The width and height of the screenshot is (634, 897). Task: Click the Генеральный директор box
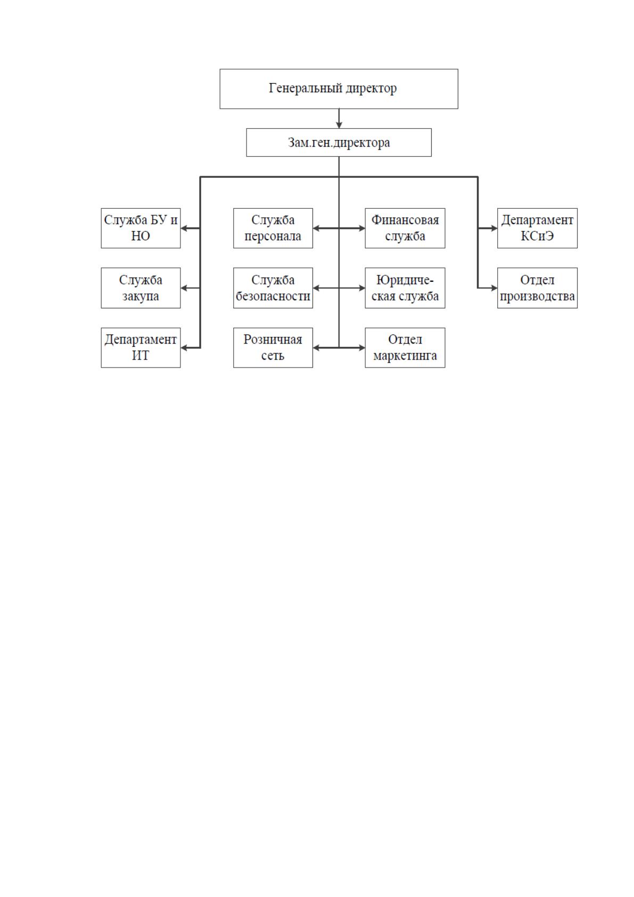click(x=339, y=89)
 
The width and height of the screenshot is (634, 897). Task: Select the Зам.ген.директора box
click(x=339, y=143)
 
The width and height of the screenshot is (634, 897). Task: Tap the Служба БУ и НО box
click(x=141, y=229)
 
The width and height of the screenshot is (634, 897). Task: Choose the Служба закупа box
click(x=141, y=288)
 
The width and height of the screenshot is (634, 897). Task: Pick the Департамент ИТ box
click(x=141, y=348)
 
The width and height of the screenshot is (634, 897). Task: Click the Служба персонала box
click(x=273, y=229)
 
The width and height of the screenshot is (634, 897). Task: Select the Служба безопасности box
click(x=273, y=288)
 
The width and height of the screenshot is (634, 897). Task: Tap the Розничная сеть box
click(x=273, y=348)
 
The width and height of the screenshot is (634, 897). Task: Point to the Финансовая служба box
click(x=405, y=229)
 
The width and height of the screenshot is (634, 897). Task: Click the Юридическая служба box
click(x=405, y=288)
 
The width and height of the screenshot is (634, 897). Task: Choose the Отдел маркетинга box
click(x=405, y=348)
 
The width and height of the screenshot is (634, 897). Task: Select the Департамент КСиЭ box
click(x=537, y=229)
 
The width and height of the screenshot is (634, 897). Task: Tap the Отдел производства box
click(x=537, y=288)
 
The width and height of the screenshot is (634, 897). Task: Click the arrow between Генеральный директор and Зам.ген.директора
click(x=339, y=119)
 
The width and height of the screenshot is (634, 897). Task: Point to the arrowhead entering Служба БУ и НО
click(x=184, y=229)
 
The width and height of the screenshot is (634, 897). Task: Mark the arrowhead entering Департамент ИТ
click(x=184, y=348)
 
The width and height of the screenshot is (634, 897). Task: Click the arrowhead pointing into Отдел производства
click(x=494, y=288)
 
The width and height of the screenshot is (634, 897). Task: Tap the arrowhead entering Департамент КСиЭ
click(x=494, y=229)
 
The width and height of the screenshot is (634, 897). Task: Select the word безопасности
click(x=273, y=296)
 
